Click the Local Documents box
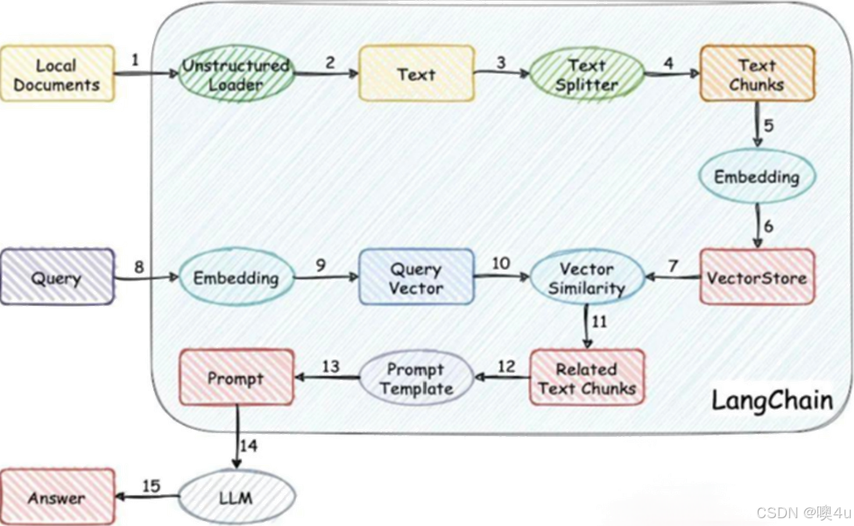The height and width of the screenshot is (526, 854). tap(57, 75)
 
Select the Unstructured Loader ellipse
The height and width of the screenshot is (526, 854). tap(235, 75)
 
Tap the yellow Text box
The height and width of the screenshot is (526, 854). tap(416, 74)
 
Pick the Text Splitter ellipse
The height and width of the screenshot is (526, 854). tap(587, 75)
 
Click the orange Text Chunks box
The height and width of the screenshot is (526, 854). tap(756, 74)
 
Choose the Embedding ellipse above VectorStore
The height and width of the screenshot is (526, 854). tap(756, 176)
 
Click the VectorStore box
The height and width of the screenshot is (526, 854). tap(756, 277)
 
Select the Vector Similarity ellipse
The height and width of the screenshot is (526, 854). tap(587, 278)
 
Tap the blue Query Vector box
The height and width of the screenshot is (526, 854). tap(416, 278)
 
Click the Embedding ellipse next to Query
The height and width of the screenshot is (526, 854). tap(236, 278)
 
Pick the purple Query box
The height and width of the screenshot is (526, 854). tap(57, 277)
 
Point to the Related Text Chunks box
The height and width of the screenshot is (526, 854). tap(587, 378)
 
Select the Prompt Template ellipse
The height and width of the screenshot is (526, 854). tap(416, 378)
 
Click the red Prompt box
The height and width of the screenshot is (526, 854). tap(236, 379)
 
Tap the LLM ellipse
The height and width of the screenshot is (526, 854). tap(236, 497)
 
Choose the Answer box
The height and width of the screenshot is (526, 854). tap(57, 498)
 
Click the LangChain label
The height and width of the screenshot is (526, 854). tap(771, 400)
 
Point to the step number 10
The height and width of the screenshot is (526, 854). tap(501, 263)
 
